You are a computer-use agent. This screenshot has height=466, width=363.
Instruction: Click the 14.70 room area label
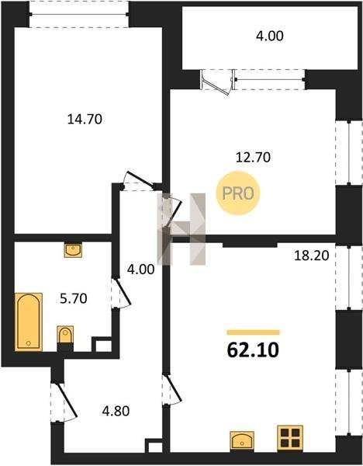click(x=85, y=119)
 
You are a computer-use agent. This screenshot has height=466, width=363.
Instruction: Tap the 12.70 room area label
click(x=253, y=157)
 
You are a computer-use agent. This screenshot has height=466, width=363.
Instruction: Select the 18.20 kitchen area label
click(x=311, y=256)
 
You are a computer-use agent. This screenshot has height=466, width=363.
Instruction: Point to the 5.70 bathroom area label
click(x=74, y=298)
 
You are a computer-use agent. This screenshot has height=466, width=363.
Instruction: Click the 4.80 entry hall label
click(x=116, y=411)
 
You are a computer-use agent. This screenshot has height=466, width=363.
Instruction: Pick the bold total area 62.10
click(x=253, y=350)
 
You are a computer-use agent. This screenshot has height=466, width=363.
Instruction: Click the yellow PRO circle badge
click(x=238, y=193)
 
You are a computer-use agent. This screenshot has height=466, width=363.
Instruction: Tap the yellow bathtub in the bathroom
click(x=29, y=322)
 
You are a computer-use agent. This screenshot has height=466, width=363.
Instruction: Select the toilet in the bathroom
click(x=65, y=338)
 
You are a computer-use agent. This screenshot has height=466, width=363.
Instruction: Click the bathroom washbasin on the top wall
click(x=73, y=250)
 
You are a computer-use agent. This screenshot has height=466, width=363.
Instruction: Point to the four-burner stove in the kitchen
click(x=290, y=437)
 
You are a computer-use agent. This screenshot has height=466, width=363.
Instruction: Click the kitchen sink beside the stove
click(x=242, y=440)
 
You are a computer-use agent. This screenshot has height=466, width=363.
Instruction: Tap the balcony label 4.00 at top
click(x=269, y=36)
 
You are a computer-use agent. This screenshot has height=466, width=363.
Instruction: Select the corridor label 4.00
click(x=140, y=270)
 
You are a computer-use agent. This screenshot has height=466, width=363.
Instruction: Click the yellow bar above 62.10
click(x=253, y=332)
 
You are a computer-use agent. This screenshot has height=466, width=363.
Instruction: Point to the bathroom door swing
click(x=122, y=293)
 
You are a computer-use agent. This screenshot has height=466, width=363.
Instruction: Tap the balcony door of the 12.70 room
click(x=216, y=82)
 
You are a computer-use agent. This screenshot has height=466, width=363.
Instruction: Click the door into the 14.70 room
click(x=139, y=181)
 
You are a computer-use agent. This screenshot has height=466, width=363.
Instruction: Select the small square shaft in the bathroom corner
click(x=102, y=344)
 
